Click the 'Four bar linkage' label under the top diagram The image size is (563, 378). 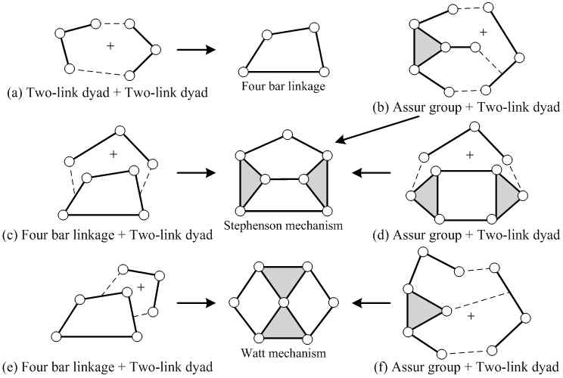[284, 85]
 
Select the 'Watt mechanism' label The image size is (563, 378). [284, 352]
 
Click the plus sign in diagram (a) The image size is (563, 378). [110, 47]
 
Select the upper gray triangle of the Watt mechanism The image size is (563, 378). [284, 282]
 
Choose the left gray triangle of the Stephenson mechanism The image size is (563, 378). [251, 181]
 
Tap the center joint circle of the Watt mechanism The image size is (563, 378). [284, 303]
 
